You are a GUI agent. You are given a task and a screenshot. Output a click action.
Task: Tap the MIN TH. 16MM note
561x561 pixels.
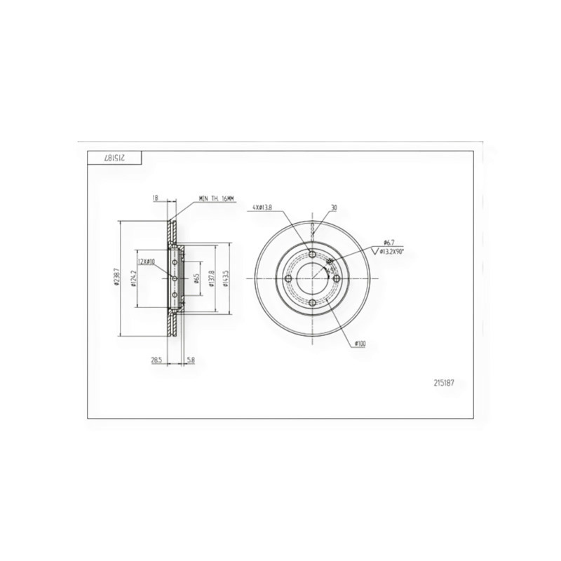218,199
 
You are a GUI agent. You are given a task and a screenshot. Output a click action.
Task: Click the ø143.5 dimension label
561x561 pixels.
227,278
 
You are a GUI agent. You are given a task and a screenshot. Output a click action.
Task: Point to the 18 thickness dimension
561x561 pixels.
155,198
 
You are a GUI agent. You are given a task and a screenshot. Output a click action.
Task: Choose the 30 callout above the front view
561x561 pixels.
334,208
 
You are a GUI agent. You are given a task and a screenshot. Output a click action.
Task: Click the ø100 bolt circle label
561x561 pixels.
360,343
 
